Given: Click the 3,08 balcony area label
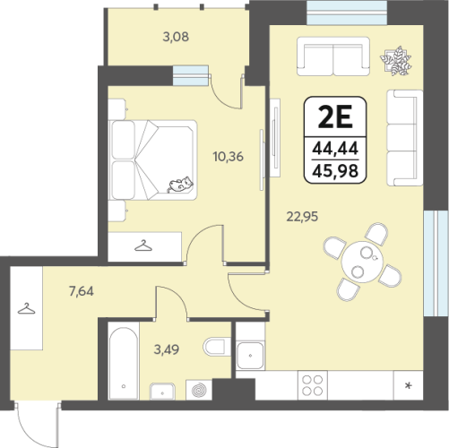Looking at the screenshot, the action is (176, 37).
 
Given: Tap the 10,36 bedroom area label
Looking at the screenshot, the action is (228, 157).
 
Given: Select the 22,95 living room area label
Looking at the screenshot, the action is (302, 217).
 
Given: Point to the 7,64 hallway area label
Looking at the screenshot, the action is (82, 291).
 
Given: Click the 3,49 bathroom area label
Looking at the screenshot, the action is (167, 349).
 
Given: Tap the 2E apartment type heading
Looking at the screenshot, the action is (335, 116).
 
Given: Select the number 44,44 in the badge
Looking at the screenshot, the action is (335, 149).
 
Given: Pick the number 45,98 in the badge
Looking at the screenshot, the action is (335, 171).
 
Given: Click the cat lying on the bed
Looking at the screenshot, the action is (180, 185).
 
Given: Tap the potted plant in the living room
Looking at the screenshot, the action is (396, 61).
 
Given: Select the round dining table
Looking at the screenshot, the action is (362, 262).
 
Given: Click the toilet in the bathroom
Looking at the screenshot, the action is (217, 347).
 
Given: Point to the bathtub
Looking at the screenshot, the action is (124, 363).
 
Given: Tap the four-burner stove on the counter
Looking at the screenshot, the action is (313, 385).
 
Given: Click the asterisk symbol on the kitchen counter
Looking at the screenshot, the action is (408, 386).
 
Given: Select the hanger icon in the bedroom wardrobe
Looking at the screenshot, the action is (143, 246).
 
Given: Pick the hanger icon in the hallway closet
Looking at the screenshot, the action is (26, 309).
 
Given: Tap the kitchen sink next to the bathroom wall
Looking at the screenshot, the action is (250, 356).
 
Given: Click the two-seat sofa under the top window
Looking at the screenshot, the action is (333, 56).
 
